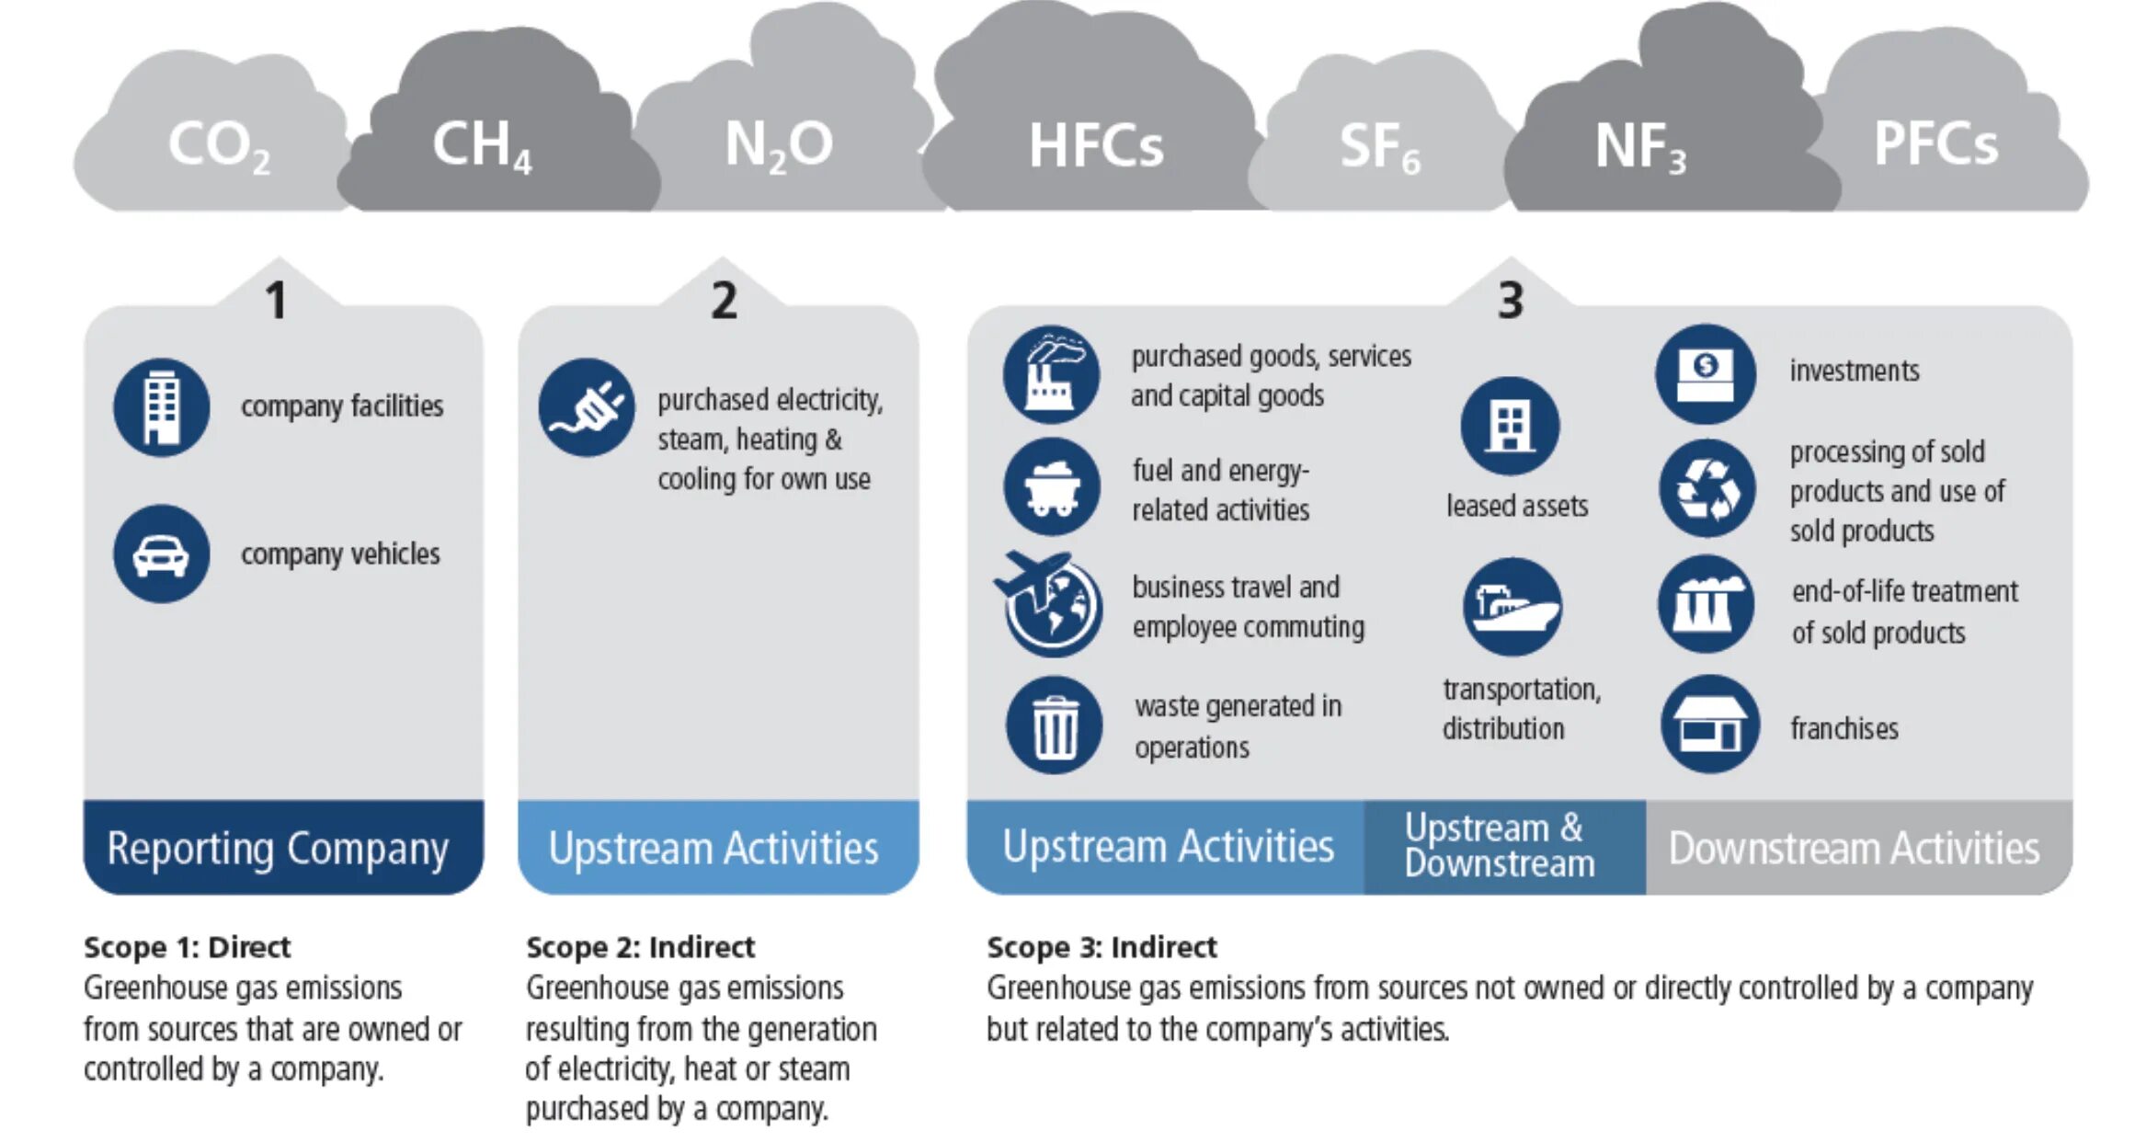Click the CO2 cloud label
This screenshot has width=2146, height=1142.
click(218, 146)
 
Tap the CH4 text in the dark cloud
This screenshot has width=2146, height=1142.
click(481, 146)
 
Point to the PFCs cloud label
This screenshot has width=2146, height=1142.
click(1935, 144)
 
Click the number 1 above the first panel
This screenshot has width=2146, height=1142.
click(276, 301)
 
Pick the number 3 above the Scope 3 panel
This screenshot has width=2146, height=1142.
click(1510, 301)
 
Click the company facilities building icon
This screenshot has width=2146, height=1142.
click(162, 407)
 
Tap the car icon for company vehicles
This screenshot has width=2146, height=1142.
click(162, 554)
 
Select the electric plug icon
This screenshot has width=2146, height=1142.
click(587, 407)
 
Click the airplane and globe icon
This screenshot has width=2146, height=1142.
click(1050, 603)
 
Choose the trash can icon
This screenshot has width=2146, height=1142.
click(1054, 725)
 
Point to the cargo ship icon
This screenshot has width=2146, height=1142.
click(1511, 606)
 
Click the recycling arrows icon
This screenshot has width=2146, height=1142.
click(1707, 488)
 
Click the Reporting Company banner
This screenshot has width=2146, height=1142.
click(278, 848)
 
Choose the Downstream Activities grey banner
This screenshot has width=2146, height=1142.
click(1854, 848)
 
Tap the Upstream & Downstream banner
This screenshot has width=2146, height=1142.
click(1500, 846)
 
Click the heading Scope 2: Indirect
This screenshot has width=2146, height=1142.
click(640, 947)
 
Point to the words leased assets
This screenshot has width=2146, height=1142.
click(1517, 506)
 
